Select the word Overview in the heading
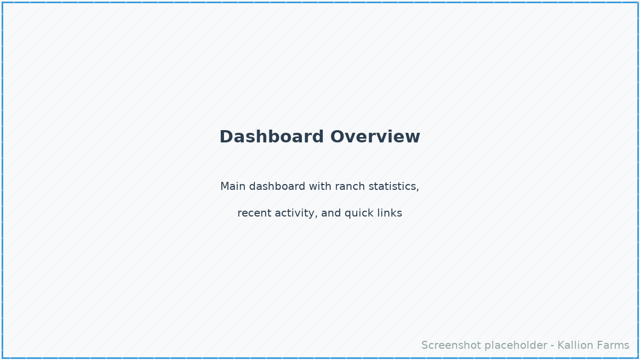coord(375,137)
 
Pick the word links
coord(389,213)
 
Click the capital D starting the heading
coord(226,137)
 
